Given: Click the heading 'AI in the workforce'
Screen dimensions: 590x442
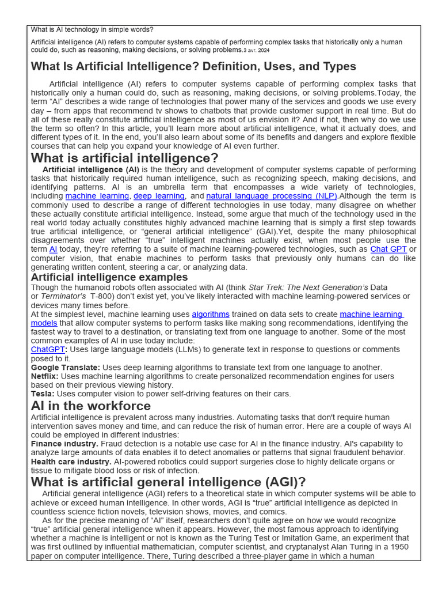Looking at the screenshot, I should click(x=90, y=406).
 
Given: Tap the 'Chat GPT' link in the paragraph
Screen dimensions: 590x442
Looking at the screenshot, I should click(x=388, y=249).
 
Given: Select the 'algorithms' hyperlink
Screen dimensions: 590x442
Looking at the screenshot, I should click(x=211, y=315).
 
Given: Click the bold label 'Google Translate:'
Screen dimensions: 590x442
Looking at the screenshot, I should click(x=66, y=368).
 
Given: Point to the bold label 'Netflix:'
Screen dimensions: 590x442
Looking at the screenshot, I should click(x=44, y=376).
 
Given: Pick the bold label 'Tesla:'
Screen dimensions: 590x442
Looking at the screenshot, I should click(x=43, y=394).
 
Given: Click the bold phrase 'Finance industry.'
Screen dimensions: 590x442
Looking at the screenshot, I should click(x=64, y=444).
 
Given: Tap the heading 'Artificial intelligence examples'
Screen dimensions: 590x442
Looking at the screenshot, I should click(x=109, y=278).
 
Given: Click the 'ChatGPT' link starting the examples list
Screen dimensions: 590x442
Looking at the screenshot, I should click(x=48, y=350).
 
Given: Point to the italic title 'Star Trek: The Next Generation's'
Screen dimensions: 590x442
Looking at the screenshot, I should click(x=308, y=288).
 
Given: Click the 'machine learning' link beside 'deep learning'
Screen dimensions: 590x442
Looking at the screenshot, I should click(x=97, y=196).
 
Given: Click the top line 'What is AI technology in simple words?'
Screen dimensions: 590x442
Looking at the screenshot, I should click(x=92, y=29).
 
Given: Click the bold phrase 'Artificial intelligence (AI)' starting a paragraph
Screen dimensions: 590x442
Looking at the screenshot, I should click(x=90, y=169).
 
